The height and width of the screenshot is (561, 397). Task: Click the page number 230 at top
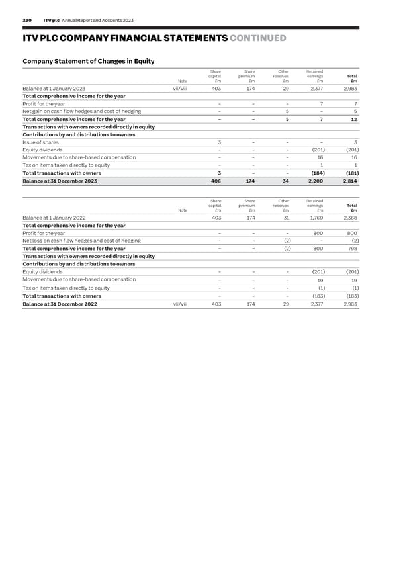pyautogui.click(x=27, y=21)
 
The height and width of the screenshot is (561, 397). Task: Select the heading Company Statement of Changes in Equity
pyautogui.click(x=89, y=62)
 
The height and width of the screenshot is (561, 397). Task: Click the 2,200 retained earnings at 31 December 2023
pyautogui.click(x=315, y=181)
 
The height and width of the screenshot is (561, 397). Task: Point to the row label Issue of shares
pyautogui.click(x=40, y=142)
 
